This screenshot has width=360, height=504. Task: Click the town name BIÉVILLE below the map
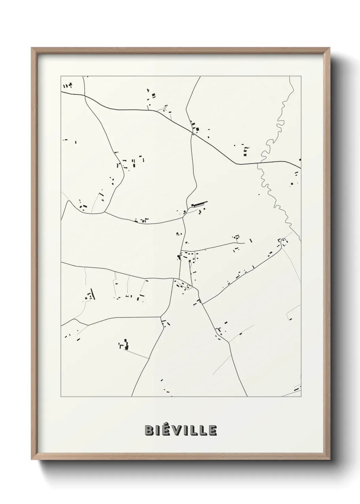181,430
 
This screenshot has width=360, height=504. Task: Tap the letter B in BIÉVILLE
149,430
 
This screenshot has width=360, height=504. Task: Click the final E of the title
212,430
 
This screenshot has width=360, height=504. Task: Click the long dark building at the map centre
199,204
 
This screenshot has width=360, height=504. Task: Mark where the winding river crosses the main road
258,163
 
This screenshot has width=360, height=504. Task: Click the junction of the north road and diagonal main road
192,134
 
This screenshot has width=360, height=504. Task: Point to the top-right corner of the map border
300,76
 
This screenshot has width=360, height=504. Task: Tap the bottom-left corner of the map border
61,396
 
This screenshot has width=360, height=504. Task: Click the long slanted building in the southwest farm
93,294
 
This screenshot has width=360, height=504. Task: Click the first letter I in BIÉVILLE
158,430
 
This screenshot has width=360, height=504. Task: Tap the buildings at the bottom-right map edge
297,389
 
